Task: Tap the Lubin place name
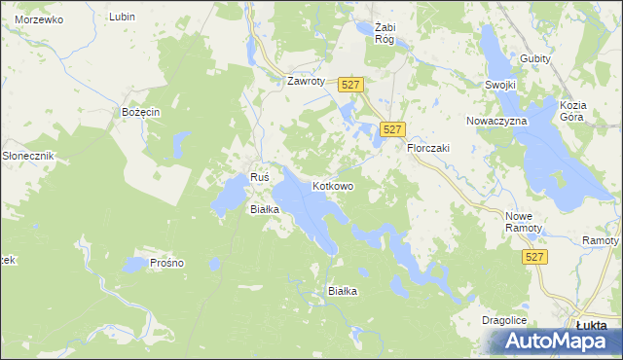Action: click(122, 17)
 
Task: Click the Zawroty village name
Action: click(305, 81)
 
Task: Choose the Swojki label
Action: click(499, 85)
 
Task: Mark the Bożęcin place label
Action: click(140, 113)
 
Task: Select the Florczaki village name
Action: click(427, 148)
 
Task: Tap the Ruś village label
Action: click(259, 177)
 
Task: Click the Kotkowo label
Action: click(332, 185)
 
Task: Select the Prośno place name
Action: click(167, 263)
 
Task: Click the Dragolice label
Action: click(504, 320)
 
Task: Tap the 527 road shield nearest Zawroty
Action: click(352, 87)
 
